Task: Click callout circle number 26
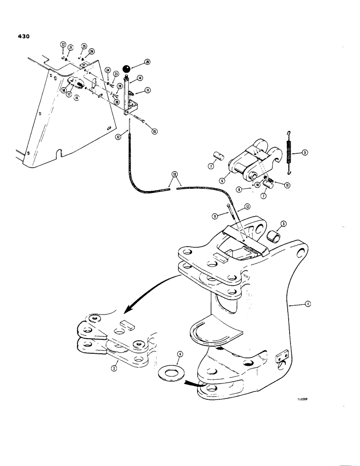coord(147,62)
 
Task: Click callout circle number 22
coord(62,44)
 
